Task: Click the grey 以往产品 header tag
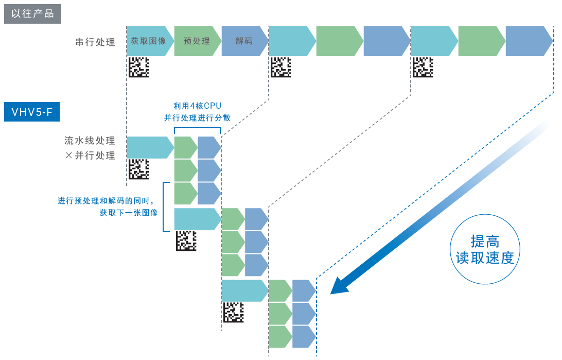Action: coord(32,13)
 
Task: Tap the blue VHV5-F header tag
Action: coord(32,111)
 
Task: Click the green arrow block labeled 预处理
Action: coord(197,41)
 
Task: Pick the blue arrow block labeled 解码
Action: coord(244,41)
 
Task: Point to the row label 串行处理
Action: coord(95,42)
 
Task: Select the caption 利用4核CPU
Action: coord(197,106)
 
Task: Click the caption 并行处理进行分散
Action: coord(197,118)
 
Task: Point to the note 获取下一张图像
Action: coord(129,212)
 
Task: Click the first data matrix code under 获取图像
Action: coord(138,67)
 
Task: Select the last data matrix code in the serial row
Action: coord(423,67)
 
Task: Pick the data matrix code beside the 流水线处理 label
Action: coord(138,169)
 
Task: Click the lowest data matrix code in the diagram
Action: coord(233,312)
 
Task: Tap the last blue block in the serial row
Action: coord(528,41)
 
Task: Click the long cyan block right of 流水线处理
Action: coord(149,148)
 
